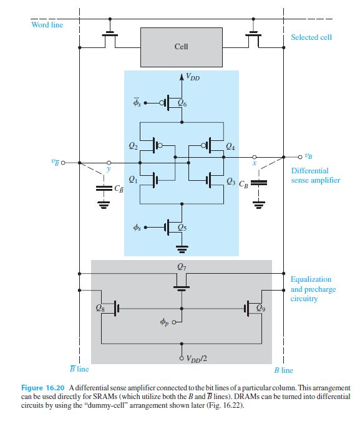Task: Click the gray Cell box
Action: click(x=181, y=47)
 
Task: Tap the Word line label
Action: click(x=47, y=25)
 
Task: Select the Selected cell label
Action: click(x=311, y=37)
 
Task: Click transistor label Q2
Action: click(x=133, y=147)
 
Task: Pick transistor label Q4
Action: click(x=230, y=147)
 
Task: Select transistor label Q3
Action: click(x=231, y=181)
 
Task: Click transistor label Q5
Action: click(x=182, y=228)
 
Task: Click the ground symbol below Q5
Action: click(x=182, y=248)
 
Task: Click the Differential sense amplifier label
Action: click(x=314, y=175)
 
